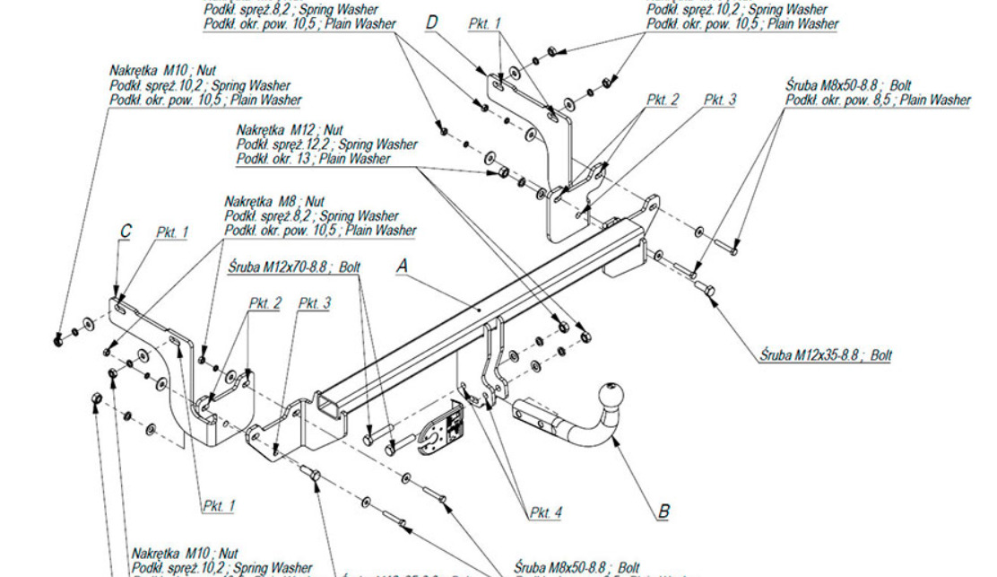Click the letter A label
coord(403,266)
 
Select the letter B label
coord(663,511)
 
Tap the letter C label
coord(126,232)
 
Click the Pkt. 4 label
coord(545,512)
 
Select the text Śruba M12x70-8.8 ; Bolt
coord(294,267)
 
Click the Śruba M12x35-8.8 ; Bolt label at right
coord(825,355)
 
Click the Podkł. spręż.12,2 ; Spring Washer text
coord(326,144)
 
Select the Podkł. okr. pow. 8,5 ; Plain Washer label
coord(878,100)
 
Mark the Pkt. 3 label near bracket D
coord(719,100)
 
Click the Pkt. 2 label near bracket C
coord(264,303)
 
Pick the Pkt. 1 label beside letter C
coord(172,232)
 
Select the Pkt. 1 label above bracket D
coord(485,23)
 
